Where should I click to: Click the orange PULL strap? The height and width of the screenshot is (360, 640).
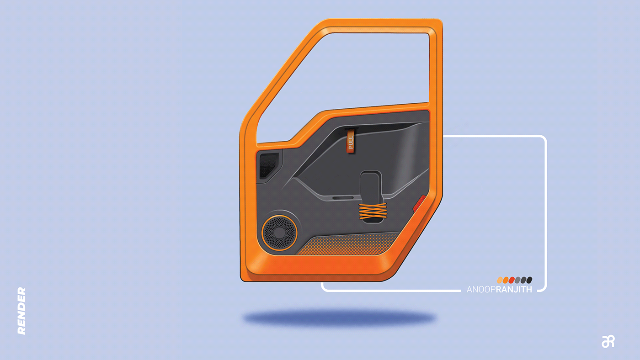(x=351, y=141)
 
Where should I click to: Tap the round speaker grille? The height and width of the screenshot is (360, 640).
(x=279, y=233)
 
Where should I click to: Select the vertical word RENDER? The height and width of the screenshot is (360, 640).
(x=22, y=311)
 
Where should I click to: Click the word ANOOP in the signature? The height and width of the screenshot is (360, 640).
(x=481, y=290)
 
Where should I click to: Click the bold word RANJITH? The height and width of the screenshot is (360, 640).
(x=514, y=290)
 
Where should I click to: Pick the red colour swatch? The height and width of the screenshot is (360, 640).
(x=512, y=280)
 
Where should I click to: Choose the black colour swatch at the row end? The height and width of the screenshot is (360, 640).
(x=529, y=280)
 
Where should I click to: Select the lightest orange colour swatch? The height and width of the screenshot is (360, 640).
(x=500, y=280)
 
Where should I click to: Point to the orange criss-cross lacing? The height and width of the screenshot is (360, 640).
(x=373, y=211)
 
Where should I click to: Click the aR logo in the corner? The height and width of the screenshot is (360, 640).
(x=608, y=341)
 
